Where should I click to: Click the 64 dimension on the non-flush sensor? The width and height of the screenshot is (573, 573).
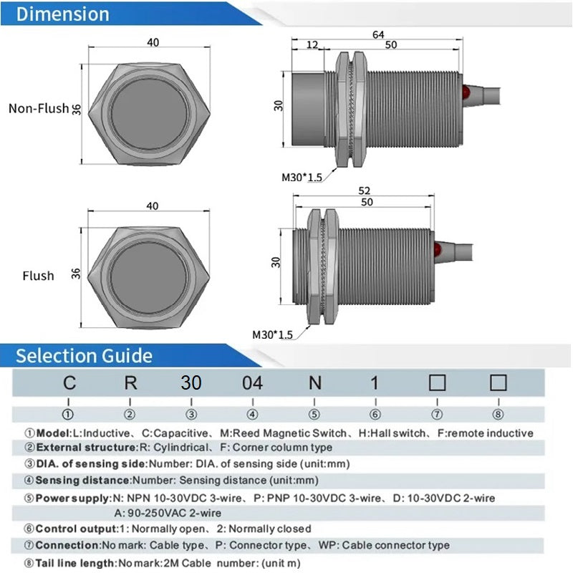pyautogui.click(x=378, y=34)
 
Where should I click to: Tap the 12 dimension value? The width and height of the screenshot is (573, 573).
pyautogui.click(x=312, y=44)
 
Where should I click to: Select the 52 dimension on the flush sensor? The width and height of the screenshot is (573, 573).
pyautogui.click(x=364, y=191)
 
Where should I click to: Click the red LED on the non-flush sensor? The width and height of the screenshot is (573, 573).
pyautogui.click(x=466, y=92)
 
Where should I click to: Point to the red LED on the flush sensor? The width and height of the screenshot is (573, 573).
pyautogui.click(x=438, y=250)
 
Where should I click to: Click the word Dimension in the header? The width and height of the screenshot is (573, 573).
pyautogui.click(x=63, y=14)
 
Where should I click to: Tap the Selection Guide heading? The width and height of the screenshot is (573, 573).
pyautogui.click(x=84, y=355)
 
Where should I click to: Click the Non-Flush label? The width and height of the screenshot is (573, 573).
pyautogui.click(x=39, y=109)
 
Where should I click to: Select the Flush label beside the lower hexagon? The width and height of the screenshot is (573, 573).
pyautogui.click(x=38, y=276)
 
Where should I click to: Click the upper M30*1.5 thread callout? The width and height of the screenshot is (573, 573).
pyautogui.click(x=302, y=178)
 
